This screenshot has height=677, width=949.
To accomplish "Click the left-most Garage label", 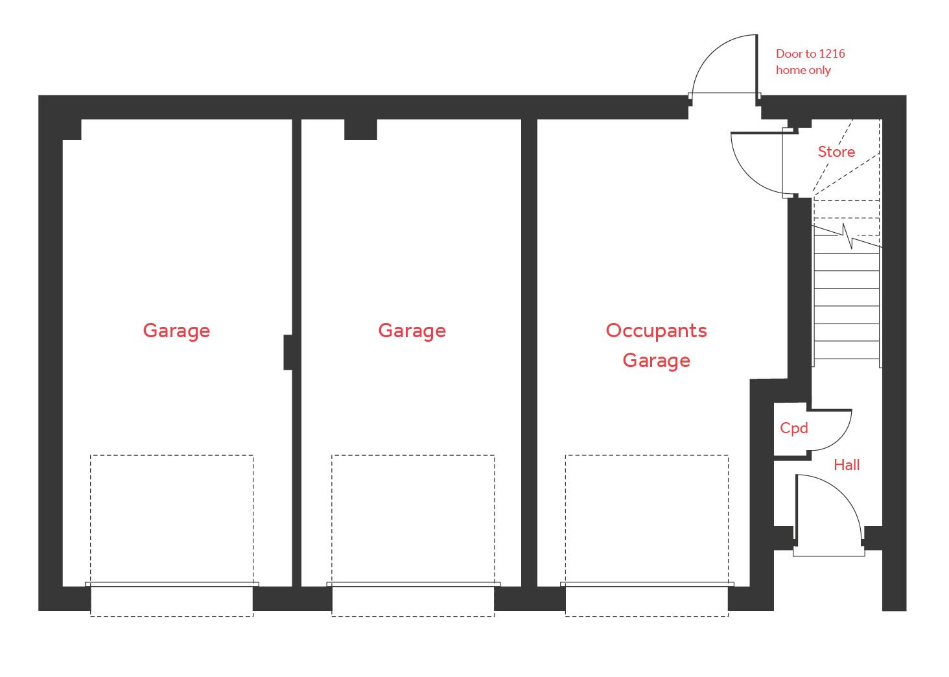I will pyautogui.click(x=176, y=331).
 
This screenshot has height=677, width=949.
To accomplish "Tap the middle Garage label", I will pyautogui.click(x=412, y=331).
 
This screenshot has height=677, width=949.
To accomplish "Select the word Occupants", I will pyautogui.click(x=656, y=331).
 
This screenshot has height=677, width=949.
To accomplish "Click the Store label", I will pyautogui.click(x=836, y=152).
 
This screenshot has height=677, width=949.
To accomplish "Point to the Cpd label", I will pyautogui.click(x=794, y=428).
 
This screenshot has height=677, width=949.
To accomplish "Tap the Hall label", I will pyautogui.click(x=847, y=465).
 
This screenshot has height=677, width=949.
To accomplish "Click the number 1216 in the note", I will pyautogui.click(x=832, y=54).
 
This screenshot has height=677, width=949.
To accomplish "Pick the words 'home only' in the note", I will pyautogui.click(x=803, y=70).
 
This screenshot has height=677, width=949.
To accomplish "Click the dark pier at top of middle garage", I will pyautogui.click(x=360, y=129).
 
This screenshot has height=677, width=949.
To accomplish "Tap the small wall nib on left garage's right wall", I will pyautogui.click(x=288, y=352).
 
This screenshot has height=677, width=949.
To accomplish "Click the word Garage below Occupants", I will pyautogui.click(x=656, y=361).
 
